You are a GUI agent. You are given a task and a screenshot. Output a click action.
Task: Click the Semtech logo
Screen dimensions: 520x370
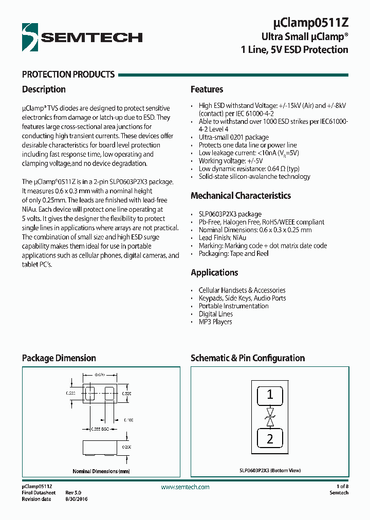[x=82, y=36]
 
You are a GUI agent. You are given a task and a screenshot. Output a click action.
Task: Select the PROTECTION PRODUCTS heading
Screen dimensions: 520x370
[x=68, y=75]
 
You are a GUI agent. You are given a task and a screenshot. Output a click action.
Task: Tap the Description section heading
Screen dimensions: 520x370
[x=44, y=89]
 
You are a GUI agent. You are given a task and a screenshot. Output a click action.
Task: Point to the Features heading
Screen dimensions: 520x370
[x=207, y=89]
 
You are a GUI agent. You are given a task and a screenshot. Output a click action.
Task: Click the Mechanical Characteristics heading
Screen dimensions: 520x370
[x=240, y=196]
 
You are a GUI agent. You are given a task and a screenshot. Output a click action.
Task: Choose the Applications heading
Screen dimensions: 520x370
[x=214, y=273]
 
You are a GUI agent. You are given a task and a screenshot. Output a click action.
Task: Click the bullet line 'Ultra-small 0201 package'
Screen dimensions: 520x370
[x=234, y=138]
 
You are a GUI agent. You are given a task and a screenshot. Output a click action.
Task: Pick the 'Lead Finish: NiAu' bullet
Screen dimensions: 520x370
[x=223, y=238]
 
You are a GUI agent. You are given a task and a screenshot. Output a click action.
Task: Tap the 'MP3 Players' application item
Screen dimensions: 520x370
[x=215, y=322]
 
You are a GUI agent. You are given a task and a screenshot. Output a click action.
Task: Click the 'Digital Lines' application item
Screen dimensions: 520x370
[x=216, y=314]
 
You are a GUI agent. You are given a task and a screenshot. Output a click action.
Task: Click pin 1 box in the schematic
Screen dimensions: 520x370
[x=270, y=396]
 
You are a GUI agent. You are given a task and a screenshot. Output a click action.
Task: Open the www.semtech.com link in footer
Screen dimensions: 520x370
[x=185, y=487]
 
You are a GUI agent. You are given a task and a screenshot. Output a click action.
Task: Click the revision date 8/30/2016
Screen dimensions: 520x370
[x=77, y=499]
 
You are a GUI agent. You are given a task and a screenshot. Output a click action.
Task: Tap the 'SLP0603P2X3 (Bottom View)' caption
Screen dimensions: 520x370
[x=270, y=470]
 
